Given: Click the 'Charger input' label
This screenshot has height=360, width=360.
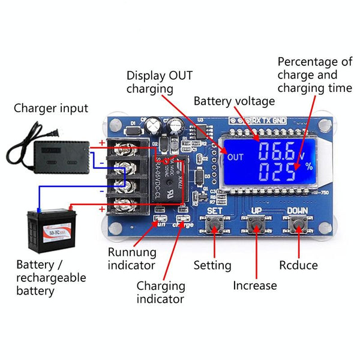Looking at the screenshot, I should click(51, 109).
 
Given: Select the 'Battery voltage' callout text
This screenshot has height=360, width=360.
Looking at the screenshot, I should click(234, 101).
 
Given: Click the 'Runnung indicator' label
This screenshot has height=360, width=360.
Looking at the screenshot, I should click(132, 259).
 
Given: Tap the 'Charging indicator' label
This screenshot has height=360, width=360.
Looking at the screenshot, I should click(160, 292).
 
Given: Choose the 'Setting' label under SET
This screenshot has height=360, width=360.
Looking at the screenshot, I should click(212, 265).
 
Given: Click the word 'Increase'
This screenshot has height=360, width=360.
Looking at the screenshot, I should click(255, 286).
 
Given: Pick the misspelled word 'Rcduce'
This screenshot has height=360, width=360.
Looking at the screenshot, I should click(298, 265).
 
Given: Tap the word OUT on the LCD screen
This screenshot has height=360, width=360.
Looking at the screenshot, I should click(235, 157).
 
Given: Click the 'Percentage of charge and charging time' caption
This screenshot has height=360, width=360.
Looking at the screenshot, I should click(314, 75).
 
